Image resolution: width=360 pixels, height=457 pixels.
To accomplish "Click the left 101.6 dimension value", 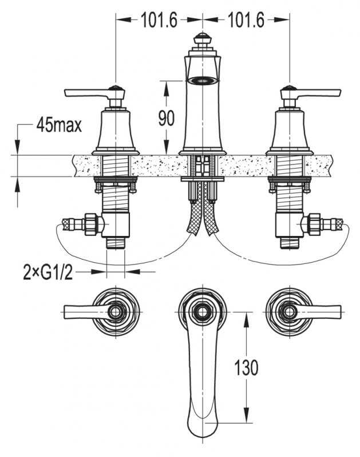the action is click(159, 20).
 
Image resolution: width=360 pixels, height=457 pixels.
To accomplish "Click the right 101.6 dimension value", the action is click(246, 20).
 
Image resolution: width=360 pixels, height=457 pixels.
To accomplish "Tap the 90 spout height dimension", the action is click(167, 118).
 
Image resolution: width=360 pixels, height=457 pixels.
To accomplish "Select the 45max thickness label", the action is click(59, 126).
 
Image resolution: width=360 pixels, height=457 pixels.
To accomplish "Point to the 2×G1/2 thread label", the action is click(48, 273).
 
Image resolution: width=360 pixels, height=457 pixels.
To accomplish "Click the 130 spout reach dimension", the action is click(247, 367).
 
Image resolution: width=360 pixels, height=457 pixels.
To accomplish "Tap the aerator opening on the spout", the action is click(203, 79).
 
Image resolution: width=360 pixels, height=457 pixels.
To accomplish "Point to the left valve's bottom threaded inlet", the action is click(116, 243).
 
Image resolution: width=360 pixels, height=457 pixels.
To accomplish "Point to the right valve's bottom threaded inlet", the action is click(290, 243).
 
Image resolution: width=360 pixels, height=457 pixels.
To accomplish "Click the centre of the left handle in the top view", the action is click(116, 312).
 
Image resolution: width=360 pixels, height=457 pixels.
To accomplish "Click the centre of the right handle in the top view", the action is click(290, 312).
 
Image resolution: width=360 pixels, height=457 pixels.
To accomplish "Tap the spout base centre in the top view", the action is click(203, 312).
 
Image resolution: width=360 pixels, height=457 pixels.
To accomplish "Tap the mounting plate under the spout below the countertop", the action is click(203, 179).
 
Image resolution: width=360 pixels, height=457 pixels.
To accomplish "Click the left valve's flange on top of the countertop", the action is click(116, 153).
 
